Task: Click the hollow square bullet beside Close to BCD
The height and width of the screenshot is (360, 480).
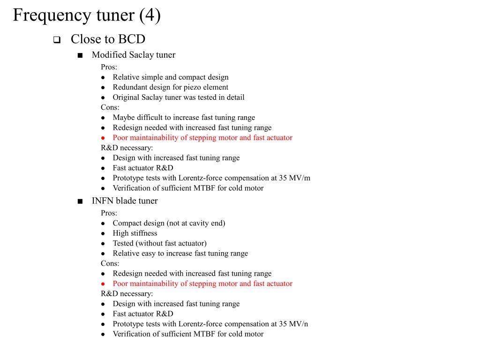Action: click(57, 40)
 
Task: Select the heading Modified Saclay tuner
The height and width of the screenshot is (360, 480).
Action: click(134, 55)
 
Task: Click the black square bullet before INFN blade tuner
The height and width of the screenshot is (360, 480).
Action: click(80, 202)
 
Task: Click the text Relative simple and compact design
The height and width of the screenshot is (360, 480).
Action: click(171, 77)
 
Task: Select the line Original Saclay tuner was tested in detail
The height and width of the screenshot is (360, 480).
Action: click(179, 97)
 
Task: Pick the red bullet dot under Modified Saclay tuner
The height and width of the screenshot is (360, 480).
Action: click(103, 138)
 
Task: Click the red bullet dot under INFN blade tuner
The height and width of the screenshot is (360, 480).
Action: click(103, 284)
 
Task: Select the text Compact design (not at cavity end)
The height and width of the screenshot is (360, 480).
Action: click(169, 223)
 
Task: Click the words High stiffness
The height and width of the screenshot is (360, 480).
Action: click(135, 233)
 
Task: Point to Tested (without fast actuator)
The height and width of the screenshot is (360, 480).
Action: click(159, 243)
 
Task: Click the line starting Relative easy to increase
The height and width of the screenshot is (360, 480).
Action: click(180, 254)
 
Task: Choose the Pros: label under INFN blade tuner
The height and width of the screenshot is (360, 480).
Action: click(109, 213)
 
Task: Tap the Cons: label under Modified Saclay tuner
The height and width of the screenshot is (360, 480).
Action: click(110, 107)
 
